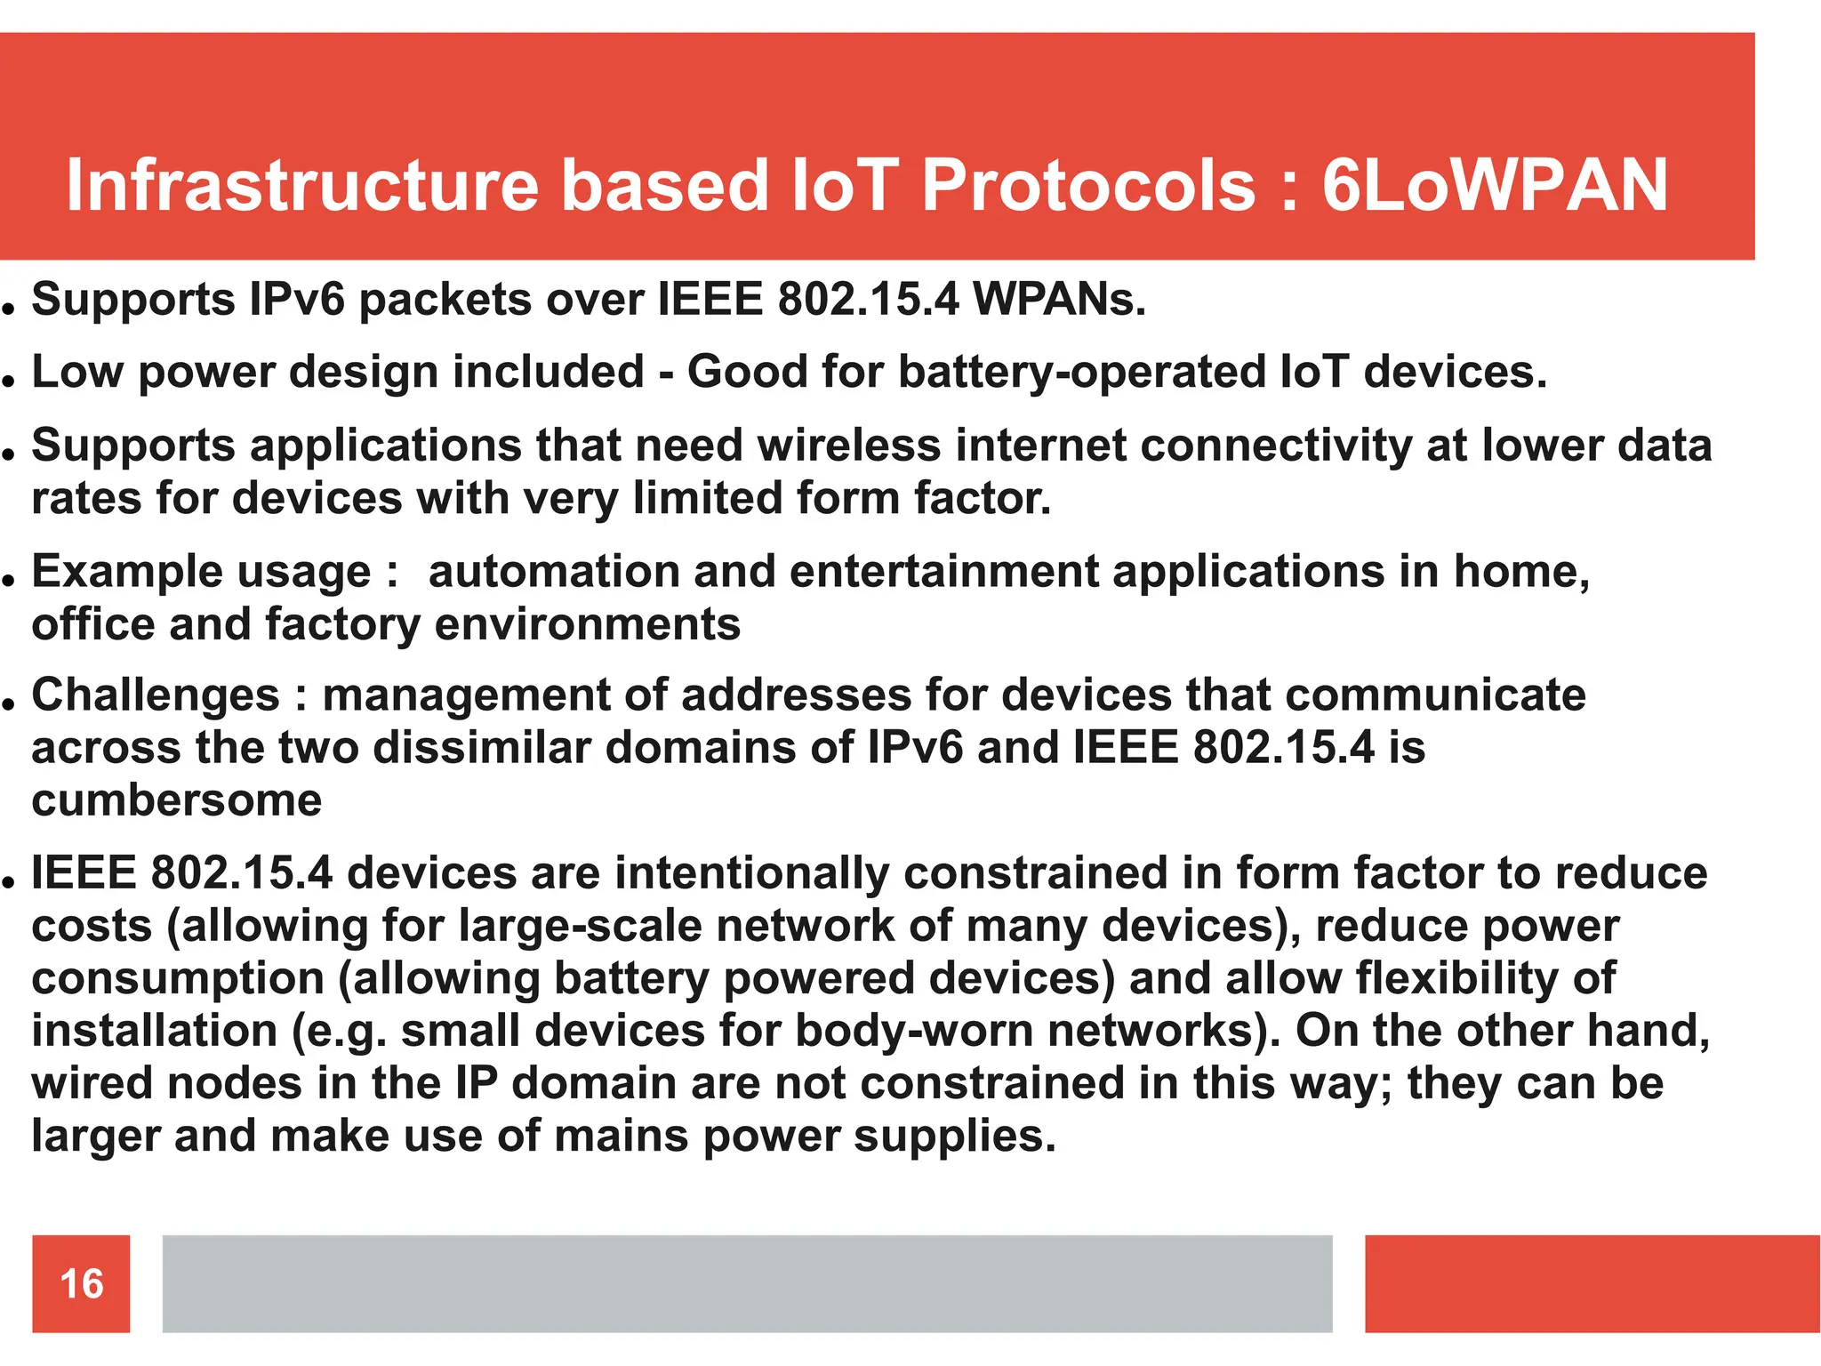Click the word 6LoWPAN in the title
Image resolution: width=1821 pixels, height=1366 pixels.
click(x=1495, y=185)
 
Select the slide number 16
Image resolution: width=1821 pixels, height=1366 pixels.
click(x=81, y=1283)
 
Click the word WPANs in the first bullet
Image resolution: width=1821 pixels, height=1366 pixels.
click(x=1059, y=299)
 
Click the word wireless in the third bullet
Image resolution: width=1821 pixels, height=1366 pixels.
click(x=849, y=445)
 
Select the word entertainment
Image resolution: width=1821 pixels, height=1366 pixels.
click(x=943, y=571)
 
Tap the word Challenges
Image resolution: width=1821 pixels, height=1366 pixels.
click(x=156, y=695)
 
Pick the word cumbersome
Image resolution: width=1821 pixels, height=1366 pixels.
click(x=176, y=800)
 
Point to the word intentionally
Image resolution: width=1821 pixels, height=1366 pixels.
click(x=751, y=872)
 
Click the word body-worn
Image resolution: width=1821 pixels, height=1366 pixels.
click(x=913, y=1031)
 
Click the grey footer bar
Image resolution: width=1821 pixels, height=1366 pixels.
click(x=747, y=1283)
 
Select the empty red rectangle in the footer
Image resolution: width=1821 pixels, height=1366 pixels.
click(x=1592, y=1283)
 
